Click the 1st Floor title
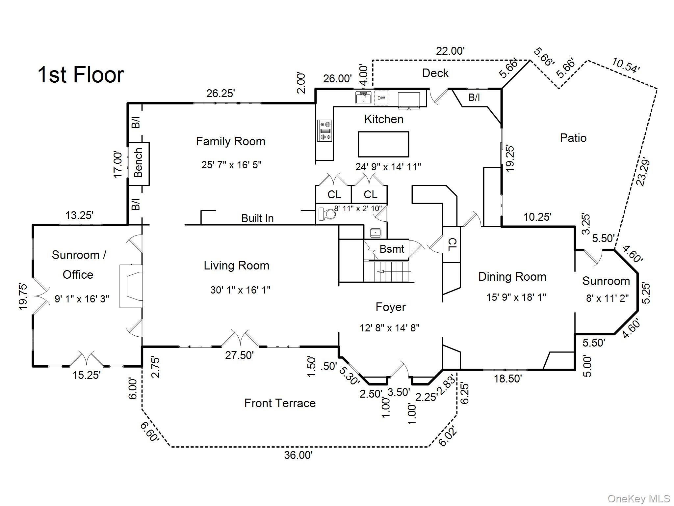pos(81,75)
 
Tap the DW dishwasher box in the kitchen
pos(381,98)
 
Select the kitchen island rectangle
pos(383,144)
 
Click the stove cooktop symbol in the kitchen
pos(325,130)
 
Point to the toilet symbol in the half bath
pos(327,214)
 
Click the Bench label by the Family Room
pos(139,163)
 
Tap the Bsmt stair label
pos(392,249)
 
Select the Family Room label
pos(230,142)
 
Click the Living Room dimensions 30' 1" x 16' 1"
pos(240,290)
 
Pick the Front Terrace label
pos(280,403)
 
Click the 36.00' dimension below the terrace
pos(298,455)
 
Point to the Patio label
pos(573,138)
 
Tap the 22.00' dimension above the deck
pos(450,51)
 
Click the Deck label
pos(435,73)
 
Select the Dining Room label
pos(512,277)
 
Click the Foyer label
pos(391,307)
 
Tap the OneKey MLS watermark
pos(638,499)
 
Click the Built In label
pos(257,218)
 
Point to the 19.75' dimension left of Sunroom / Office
pos(23,296)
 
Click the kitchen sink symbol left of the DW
pos(363,98)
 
